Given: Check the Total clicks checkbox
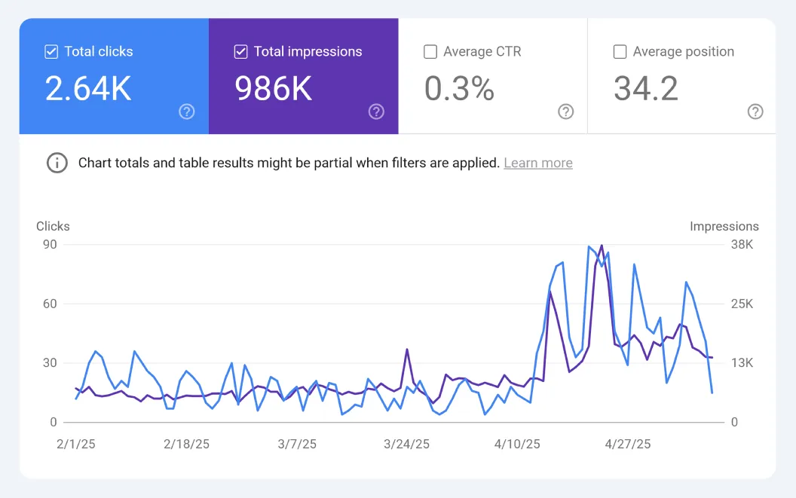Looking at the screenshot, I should point(51,52).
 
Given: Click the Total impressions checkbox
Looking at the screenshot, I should point(240,52).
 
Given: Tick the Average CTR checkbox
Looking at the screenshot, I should point(430,52).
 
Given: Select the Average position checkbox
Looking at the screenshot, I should point(620,52).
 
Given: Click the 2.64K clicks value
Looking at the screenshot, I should point(88,89).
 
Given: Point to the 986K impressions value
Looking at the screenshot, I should point(273,89).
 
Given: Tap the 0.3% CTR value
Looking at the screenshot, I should point(459,89).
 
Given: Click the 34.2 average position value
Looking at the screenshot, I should point(645,89).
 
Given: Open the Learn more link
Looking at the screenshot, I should point(537,163).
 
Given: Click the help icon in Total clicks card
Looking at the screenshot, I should point(187,112).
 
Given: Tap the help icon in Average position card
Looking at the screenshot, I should point(755,112).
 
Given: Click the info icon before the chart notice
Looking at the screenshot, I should point(57,163).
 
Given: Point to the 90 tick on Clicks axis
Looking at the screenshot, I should point(50,245).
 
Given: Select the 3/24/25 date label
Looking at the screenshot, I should point(406,444).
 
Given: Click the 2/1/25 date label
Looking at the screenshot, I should point(77,444).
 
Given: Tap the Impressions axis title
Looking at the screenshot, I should point(724,226).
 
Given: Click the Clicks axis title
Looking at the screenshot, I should point(53,226).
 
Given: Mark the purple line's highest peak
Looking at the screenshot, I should point(601,246).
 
